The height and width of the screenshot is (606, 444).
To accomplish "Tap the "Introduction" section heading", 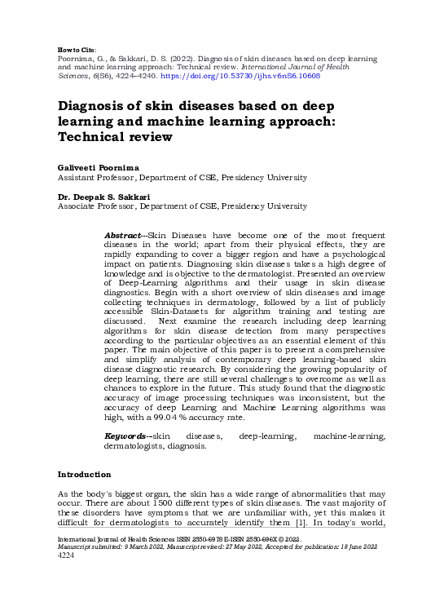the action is click(x=84, y=475).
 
